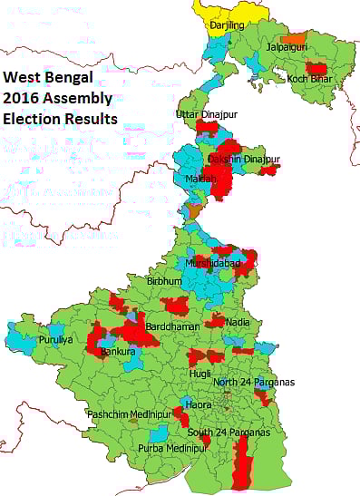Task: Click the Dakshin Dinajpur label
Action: click(x=244, y=160)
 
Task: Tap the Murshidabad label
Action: click(x=214, y=263)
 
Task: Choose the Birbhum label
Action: click(x=164, y=282)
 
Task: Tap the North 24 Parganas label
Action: click(x=254, y=382)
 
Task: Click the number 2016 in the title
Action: click(x=20, y=98)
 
